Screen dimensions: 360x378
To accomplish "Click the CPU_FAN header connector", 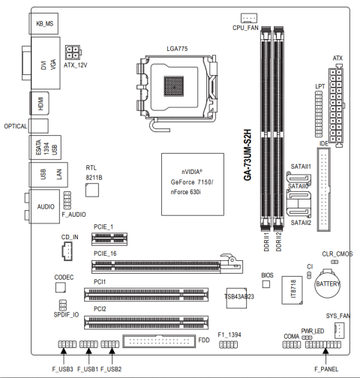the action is (249, 18).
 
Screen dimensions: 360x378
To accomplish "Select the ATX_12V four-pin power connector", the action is (73, 52).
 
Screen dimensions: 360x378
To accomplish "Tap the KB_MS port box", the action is (43, 23).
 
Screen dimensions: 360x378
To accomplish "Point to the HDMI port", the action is (40, 103).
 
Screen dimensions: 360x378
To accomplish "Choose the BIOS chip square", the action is (266, 284).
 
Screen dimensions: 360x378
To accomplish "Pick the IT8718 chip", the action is (292, 290).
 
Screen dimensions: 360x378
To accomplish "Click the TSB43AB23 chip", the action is (236, 298).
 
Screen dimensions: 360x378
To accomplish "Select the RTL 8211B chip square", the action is (92, 190).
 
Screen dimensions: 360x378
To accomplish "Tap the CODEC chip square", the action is (61, 287).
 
